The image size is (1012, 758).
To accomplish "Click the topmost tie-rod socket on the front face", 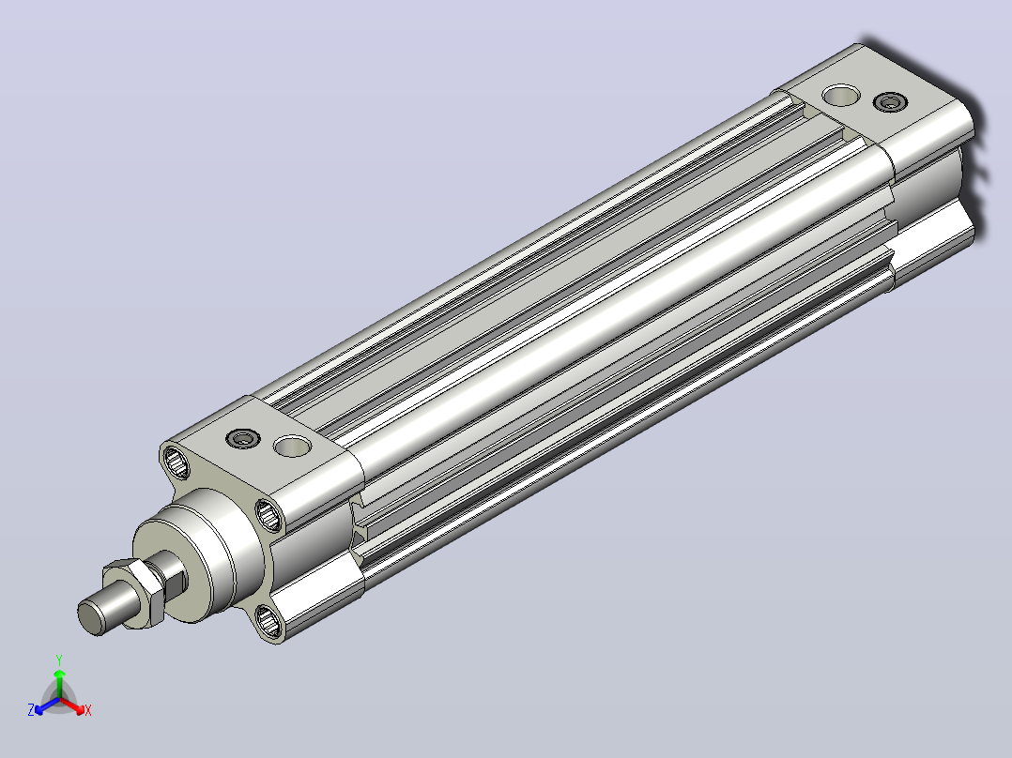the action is (175, 462).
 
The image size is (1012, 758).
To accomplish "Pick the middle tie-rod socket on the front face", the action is (268, 515).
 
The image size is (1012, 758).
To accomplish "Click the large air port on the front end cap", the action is (292, 446).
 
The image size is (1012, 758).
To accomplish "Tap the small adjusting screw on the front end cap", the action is (242, 439).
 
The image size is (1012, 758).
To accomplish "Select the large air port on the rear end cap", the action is (841, 96).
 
